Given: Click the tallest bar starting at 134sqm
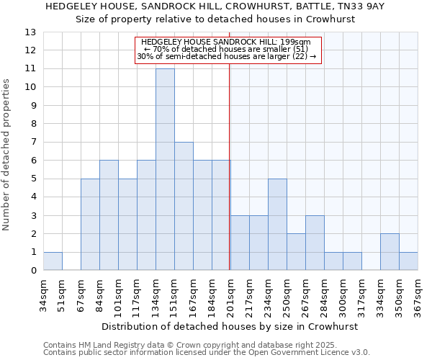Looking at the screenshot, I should tap(165, 169).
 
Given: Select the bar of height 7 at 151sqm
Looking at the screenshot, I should tap(184, 206).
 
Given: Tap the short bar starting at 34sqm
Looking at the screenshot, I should tap(53, 261).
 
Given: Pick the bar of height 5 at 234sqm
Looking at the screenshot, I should tap(277, 225).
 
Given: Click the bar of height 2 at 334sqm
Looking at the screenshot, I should tap(390, 252).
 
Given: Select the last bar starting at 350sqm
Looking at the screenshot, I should tap(408, 261).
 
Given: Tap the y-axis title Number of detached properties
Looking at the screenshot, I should tap(6, 155).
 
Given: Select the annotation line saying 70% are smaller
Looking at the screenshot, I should tap(228, 50).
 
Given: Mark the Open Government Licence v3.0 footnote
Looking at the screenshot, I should tap(207, 353).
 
